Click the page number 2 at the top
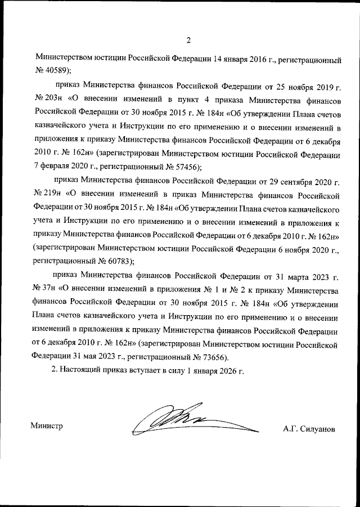coord(188,40)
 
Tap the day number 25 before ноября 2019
coord(277,86)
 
